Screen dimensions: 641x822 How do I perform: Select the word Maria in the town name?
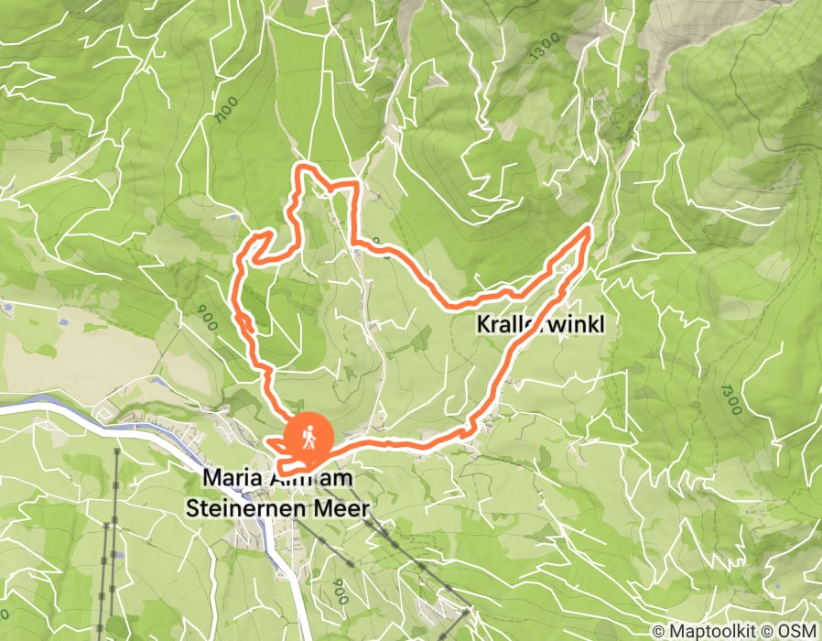tap(226, 478)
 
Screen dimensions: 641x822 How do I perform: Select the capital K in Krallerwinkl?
tap(483, 325)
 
